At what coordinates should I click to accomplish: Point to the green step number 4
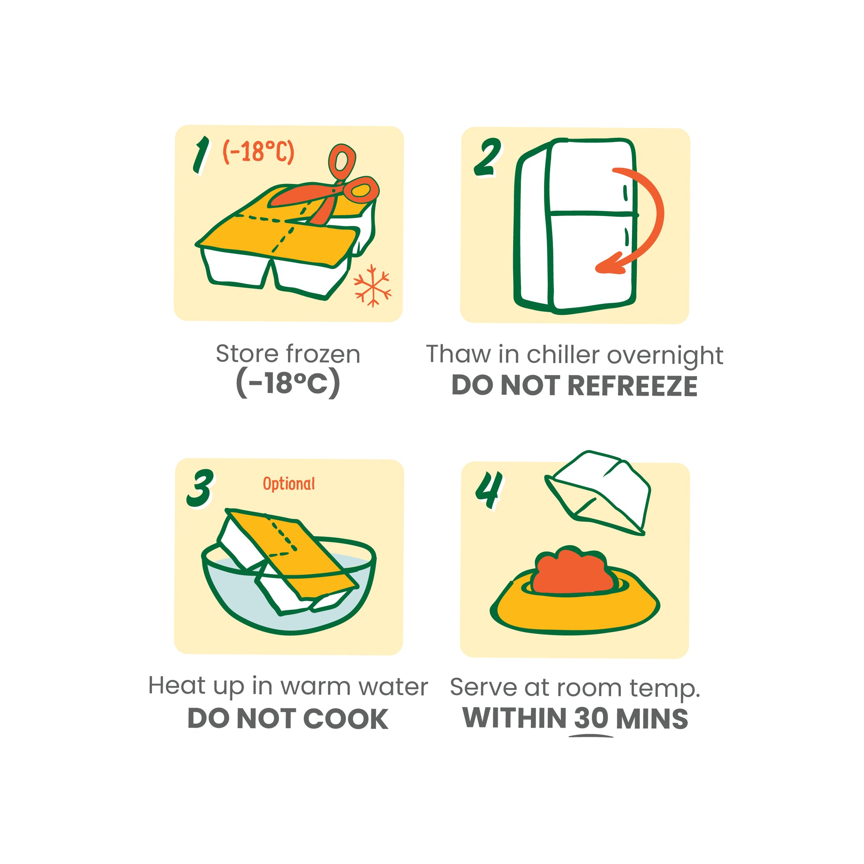pos(489,491)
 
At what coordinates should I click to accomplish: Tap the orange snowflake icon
pos(372,285)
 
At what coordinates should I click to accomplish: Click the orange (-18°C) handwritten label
pos(258,152)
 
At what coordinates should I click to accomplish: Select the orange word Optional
pos(289,484)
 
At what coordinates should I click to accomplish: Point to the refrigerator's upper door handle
pos(625,193)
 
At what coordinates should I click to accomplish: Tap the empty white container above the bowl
pos(597,492)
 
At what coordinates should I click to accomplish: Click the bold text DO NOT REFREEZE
pos(574,385)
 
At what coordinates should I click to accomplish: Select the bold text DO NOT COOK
pos(288,719)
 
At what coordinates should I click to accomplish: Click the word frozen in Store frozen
pos(323,354)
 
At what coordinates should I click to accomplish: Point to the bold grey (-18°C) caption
pos(288,383)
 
